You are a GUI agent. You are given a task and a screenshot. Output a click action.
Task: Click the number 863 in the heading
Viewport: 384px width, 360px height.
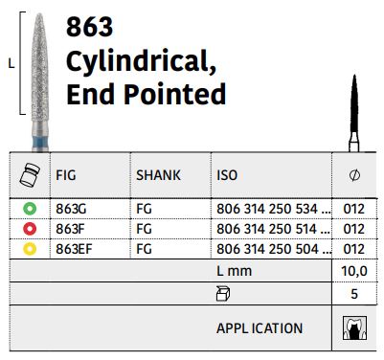[89, 27]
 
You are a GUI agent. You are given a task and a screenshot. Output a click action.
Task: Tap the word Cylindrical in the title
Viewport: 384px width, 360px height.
[141, 61]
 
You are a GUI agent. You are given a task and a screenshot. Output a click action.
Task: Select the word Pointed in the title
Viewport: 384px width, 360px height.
[174, 94]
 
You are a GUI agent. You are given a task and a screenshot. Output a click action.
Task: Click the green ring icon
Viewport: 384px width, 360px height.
[30, 209]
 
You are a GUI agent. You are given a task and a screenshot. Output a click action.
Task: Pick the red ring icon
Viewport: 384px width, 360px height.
[30, 229]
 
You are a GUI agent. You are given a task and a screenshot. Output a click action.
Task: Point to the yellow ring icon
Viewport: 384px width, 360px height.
[30, 249]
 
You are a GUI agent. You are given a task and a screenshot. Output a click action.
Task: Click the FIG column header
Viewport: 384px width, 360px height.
[66, 175]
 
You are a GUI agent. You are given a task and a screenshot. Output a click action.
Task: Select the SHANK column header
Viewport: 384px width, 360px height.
[158, 175]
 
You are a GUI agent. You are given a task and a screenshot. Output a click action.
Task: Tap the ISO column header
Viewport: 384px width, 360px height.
[227, 175]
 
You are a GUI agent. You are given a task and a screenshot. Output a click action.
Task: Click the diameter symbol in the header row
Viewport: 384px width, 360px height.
[354, 175]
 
